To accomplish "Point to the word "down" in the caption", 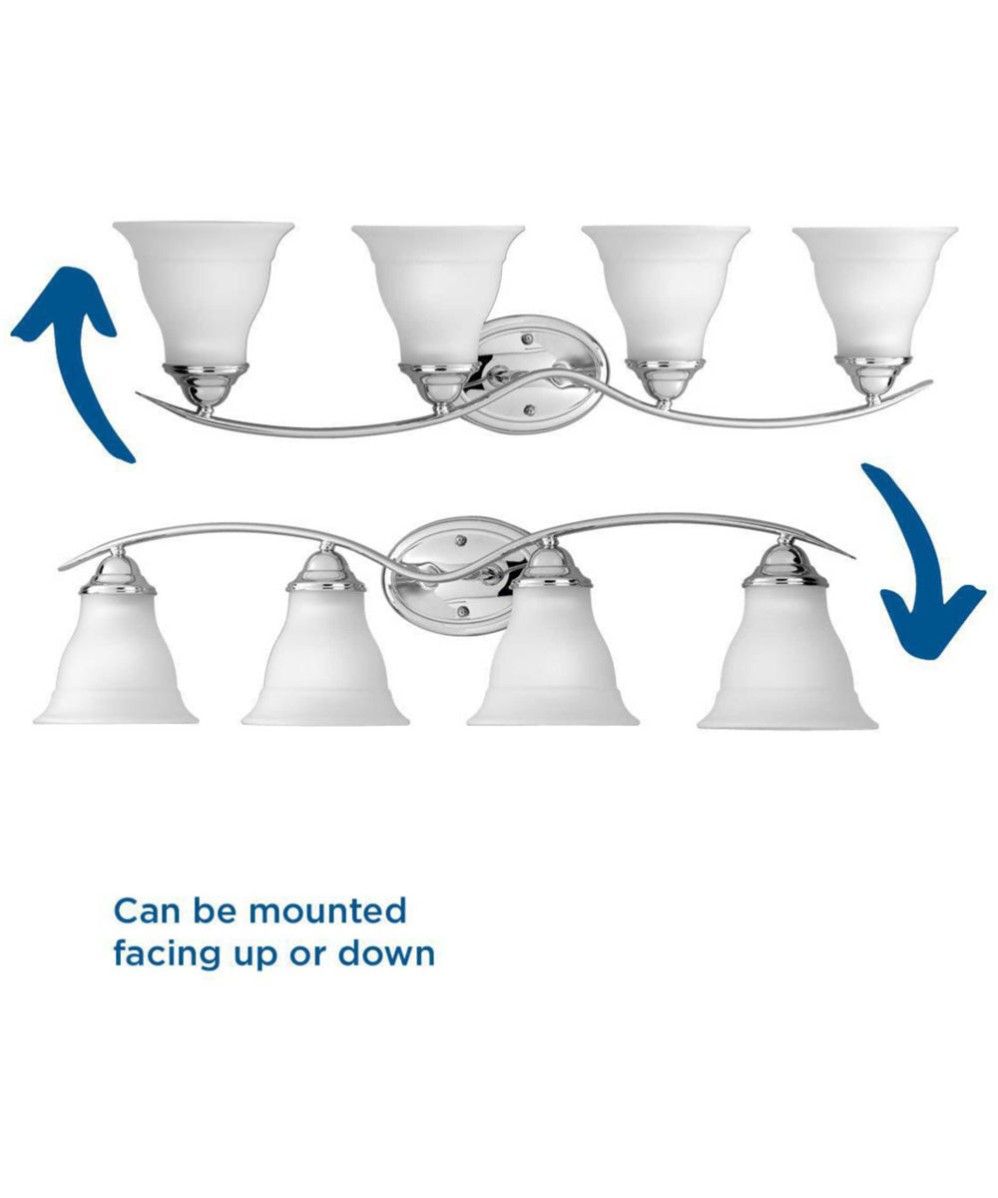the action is [x=386, y=953].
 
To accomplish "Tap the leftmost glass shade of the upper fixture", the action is [x=204, y=293].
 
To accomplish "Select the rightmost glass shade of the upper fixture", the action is [x=874, y=293].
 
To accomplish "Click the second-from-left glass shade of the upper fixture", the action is [x=438, y=296].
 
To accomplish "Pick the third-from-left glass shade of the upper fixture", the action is [x=666, y=294].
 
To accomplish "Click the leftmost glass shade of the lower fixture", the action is [x=116, y=658].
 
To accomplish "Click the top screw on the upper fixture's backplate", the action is [x=528, y=339].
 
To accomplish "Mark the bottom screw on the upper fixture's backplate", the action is [x=529, y=409].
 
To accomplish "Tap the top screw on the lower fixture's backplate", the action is [x=459, y=540].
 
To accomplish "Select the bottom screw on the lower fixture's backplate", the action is [x=462, y=612].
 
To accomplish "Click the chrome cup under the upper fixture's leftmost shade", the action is [x=206, y=384].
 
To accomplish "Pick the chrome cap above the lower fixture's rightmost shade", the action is [x=785, y=565].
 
